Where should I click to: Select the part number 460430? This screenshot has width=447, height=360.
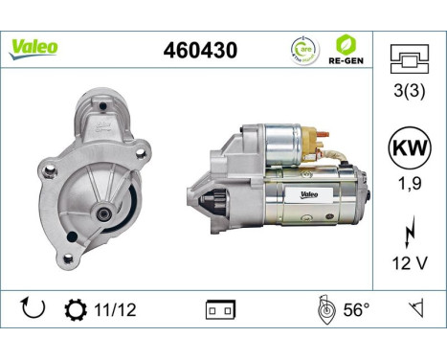(x=201, y=49)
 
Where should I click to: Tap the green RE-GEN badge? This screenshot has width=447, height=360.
(x=346, y=49)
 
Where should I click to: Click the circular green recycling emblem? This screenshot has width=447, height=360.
(x=303, y=49)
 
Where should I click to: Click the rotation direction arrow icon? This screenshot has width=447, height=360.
(x=32, y=310)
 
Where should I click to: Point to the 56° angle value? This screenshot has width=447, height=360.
(x=356, y=310)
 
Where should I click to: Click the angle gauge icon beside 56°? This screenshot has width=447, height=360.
(x=324, y=310)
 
